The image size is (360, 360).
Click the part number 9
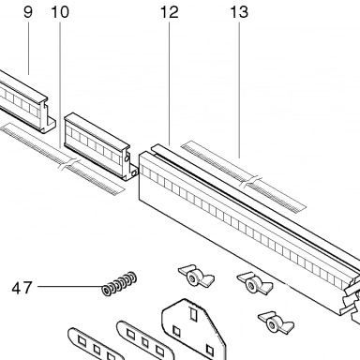click(28, 12)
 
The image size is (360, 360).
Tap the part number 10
click(60, 12)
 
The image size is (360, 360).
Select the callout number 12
click(170, 12)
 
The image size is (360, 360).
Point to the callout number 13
click(239, 12)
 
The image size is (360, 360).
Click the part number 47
click(22, 288)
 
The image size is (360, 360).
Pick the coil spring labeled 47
click(119, 283)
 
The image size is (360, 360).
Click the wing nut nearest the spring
click(196, 276)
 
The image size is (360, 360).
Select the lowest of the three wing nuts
click(276, 322)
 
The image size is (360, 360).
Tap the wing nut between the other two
click(254, 283)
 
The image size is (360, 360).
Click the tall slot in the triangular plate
click(193, 314)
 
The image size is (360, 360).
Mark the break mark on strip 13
click(251, 182)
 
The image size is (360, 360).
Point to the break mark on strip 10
click(70, 164)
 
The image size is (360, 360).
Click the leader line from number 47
click(70, 286)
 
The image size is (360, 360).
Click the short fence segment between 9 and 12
click(101, 146)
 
